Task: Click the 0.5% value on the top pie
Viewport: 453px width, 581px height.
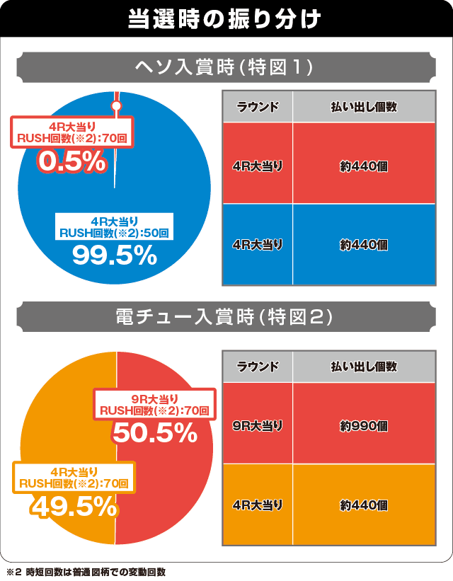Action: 71,161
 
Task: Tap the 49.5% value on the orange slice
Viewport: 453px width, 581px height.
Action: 73,506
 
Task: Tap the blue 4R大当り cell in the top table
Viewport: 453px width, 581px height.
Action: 258,244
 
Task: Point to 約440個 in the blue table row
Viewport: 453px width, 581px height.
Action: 363,244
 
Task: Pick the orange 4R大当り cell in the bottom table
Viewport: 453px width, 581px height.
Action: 258,505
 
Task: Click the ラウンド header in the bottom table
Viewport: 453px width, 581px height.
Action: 258,367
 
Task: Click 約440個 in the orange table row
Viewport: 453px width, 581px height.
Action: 363,505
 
